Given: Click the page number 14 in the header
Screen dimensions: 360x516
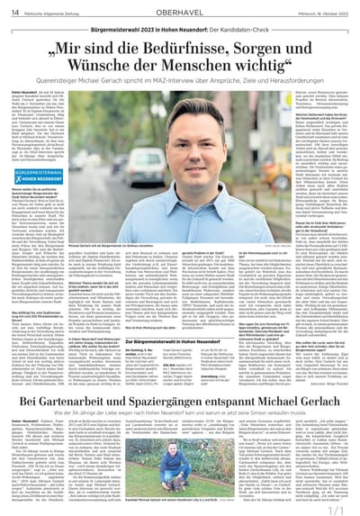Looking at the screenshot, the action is [x=16, y=13].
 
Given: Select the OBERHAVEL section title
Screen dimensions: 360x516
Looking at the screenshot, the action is [x=180, y=13].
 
